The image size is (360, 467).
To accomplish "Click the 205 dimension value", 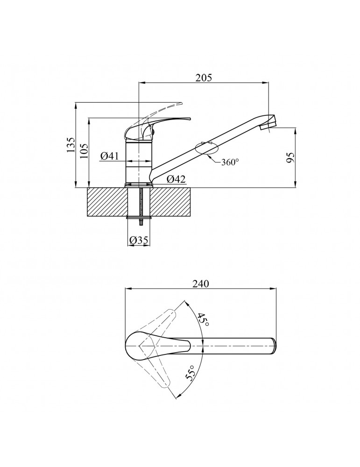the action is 204,78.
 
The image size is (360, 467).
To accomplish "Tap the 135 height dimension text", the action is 71,145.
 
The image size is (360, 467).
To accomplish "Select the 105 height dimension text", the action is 84,151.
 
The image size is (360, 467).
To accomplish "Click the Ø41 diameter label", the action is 110,156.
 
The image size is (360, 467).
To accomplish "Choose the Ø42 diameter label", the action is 176,179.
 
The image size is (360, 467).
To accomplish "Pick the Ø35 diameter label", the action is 139,240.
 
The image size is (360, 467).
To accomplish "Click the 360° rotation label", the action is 230,163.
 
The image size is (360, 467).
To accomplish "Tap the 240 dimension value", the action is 200,284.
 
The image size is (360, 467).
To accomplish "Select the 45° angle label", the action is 203,319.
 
